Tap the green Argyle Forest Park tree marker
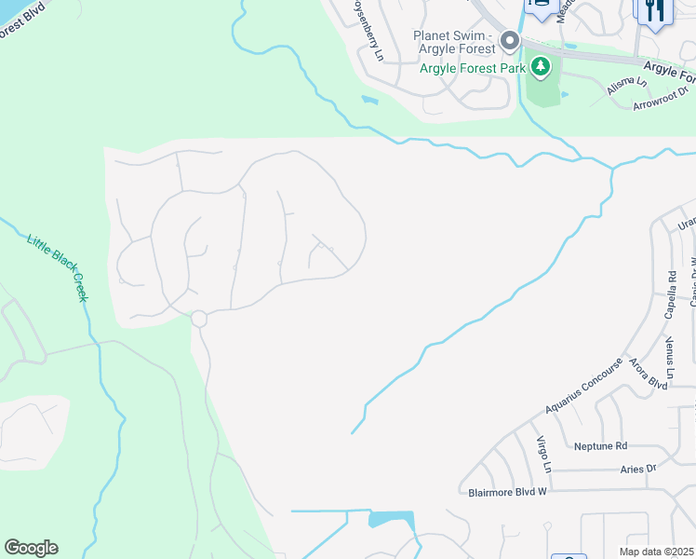click(541, 67)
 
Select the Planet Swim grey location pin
click(509, 41)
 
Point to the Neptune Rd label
click(601, 446)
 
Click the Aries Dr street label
click(637, 469)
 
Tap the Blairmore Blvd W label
click(502, 490)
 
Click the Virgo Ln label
click(544, 453)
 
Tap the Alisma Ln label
click(626, 87)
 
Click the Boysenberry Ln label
click(367, 31)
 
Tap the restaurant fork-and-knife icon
click(654, 10)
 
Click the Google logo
click(31, 548)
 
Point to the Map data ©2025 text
click(656, 552)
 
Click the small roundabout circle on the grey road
click(198, 319)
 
